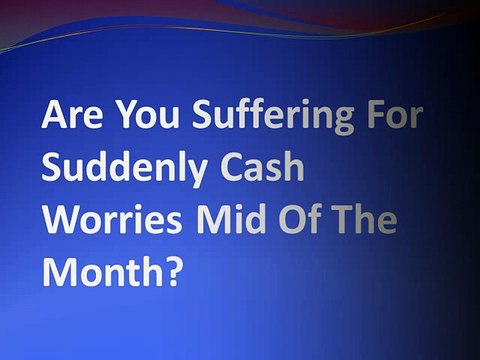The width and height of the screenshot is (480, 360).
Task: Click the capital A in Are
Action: [x=54, y=117]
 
